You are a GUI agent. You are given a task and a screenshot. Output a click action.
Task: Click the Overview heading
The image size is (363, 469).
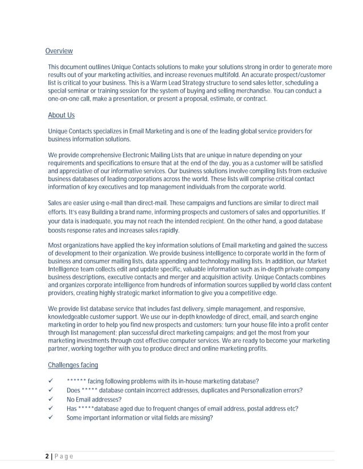tap(59, 51)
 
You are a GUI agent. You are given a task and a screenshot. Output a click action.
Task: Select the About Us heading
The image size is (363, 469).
tap(61, 115)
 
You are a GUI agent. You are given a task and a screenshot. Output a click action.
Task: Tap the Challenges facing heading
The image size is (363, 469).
tap(73, 365)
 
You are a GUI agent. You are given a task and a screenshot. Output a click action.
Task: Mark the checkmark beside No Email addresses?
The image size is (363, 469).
tap(52, 400)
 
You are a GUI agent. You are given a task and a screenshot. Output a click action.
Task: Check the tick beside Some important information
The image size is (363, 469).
tap(52, 418)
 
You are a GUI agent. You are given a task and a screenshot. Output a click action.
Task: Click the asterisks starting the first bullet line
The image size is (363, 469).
tap(76, 381)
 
